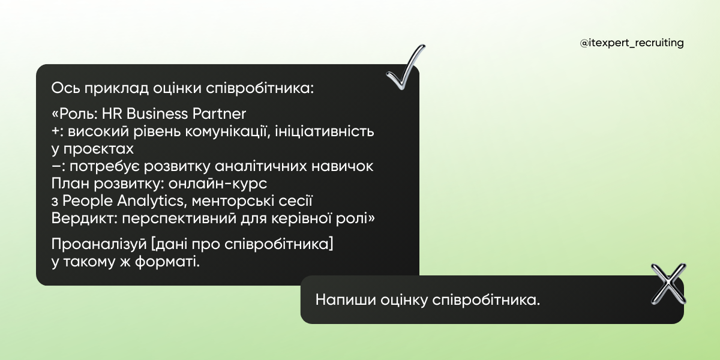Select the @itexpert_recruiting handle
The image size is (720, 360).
coord(632,43)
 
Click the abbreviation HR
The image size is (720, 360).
coord(112,113)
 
